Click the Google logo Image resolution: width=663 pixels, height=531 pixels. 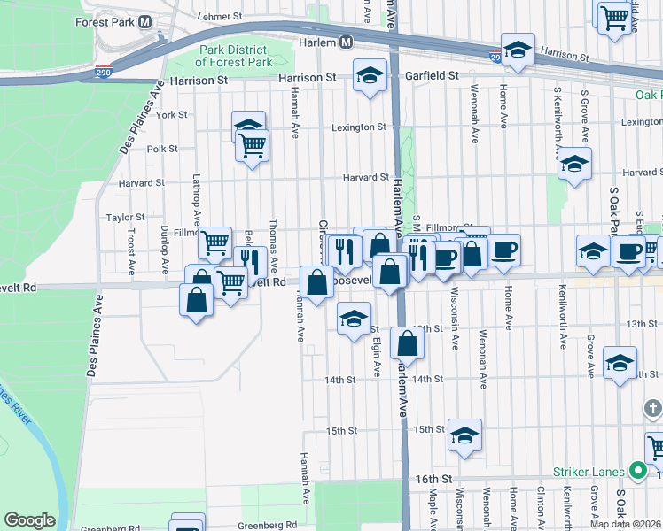pos(29,520)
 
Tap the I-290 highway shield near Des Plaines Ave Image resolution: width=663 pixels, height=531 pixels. pos(105,73)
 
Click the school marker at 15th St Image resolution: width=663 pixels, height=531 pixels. pos(464,435)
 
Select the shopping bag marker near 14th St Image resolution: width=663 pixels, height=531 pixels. pos(407,342)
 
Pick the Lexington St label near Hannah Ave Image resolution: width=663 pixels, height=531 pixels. pos(359,127)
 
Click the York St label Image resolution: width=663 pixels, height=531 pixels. pos(171,115)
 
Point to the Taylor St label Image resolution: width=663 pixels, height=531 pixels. pos(125,217)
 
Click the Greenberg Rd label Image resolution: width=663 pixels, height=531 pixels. pos(110,529)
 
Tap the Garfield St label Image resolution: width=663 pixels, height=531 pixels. pos(432,76)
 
